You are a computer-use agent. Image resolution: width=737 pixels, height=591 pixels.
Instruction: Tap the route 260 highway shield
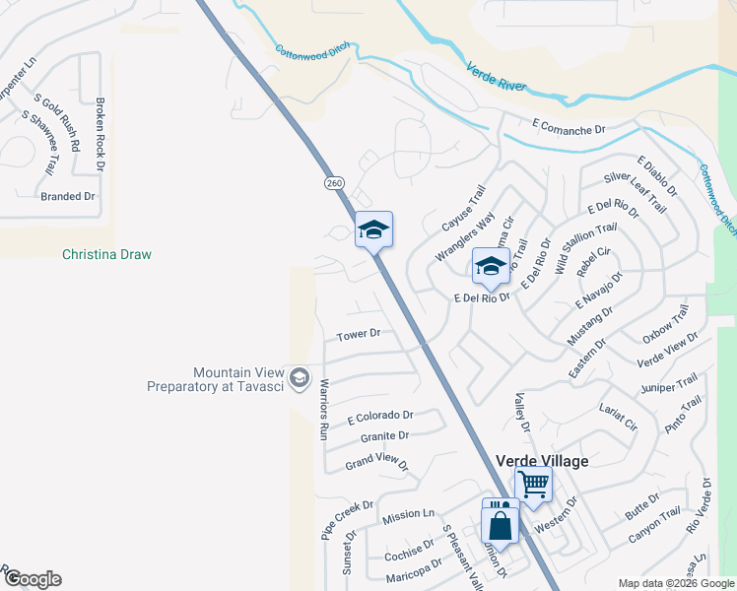pos(334,183)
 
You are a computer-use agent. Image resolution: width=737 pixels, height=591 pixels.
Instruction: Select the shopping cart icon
pos(533,484)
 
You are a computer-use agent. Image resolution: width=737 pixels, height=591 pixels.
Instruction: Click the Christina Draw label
pos(106,254)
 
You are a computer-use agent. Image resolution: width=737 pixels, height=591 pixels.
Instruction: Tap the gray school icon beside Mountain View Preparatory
pos(299,378)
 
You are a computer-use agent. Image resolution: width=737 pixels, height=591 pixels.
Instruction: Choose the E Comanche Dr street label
pos(568,129)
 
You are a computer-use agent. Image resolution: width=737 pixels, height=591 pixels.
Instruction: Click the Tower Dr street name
pos(359,335)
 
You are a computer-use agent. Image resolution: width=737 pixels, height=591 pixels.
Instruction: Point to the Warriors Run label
pos(322,407)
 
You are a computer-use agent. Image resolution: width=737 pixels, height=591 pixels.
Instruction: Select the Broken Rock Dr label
pos(100,132)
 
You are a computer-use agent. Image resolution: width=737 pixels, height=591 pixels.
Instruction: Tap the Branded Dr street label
pos(68,197)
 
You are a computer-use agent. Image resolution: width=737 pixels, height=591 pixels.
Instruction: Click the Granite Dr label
pos(384,435)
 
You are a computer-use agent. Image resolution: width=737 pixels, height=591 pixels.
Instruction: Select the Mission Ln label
pos(408,515)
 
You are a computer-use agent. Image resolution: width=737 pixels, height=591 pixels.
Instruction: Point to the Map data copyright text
pos(675,583)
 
